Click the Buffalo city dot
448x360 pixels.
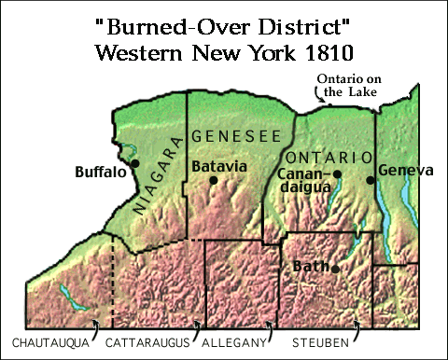click(x=136, y=162)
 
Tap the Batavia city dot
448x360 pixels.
click(x=214, y=180)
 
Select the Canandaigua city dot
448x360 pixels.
click(x=338, y=173)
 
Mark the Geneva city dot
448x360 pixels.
click(x=371, y=179)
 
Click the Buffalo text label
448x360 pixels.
click(x=101, y=172)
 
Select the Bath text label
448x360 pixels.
click(x=311, y=268)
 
